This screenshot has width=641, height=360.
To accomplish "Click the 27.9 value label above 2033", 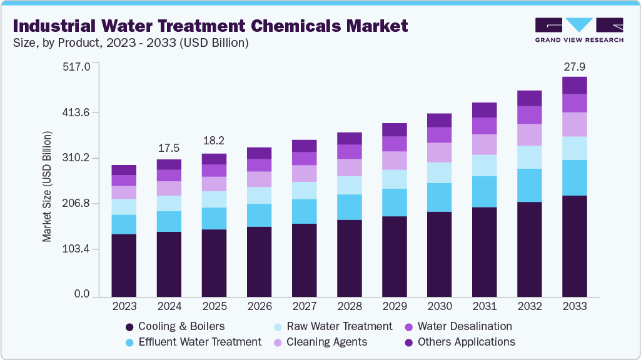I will point(574,66).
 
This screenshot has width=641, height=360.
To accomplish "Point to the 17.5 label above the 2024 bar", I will point(169,148).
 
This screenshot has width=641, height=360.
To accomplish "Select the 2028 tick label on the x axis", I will point(349,306).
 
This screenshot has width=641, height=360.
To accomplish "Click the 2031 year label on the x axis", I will point(484,306).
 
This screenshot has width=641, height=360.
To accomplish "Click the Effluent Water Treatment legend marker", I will point(129,342).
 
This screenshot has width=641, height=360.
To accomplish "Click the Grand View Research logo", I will point(579,29).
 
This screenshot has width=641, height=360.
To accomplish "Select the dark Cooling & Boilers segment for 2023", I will point(124,264).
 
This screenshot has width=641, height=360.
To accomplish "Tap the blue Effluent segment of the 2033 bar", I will point(574,177).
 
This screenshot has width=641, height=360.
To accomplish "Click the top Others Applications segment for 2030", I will point(439,120).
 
